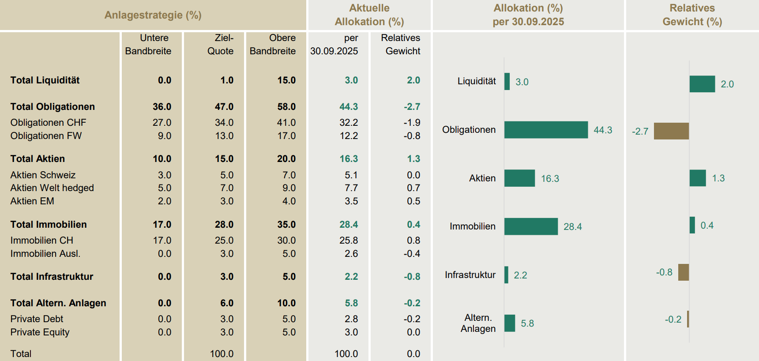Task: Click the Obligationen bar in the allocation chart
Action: [546, 130]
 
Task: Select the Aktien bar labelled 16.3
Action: [519, 178]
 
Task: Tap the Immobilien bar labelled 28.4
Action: [531, 226]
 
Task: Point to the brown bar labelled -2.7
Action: [671, 131]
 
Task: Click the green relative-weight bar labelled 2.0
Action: [702, 84]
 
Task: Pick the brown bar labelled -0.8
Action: [683, 272]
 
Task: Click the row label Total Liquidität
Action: [45, 80]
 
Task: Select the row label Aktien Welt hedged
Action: [52, 188]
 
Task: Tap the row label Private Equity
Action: [40, 332]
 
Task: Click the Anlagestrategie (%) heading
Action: [153, 15]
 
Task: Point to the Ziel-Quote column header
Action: [221, 45]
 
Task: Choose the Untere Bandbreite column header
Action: [148, 45]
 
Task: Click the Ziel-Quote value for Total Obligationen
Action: [224, 107]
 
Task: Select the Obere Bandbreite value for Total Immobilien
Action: [286, 225]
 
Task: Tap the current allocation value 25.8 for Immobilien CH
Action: [349, 241]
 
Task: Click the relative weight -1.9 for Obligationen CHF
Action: [412, 123]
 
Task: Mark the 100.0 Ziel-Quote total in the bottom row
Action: [222, 354]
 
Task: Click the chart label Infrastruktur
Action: [470, 275]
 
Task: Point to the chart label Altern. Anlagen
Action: [478, 323]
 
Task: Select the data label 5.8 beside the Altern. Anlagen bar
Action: [527, 323]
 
